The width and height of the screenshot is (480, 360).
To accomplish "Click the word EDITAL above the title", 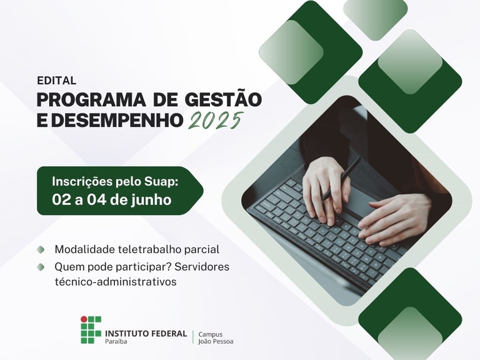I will (x=56, y=81).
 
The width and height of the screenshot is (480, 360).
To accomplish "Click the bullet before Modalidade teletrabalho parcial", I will (x=41, y=249).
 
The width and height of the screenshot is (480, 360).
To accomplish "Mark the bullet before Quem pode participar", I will (x=41, y=267).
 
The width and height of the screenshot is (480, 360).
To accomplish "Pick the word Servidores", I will (x=202, y=267).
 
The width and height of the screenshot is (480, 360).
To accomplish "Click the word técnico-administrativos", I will (x=116, y=282).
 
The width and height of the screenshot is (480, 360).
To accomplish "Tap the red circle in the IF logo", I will (x=84, y=319).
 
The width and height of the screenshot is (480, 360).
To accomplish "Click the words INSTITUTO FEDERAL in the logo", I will (x=146, y=333).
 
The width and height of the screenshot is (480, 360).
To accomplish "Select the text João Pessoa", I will (x=216, y=341).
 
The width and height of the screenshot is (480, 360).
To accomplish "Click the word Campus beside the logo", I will (x=211, y=334).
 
